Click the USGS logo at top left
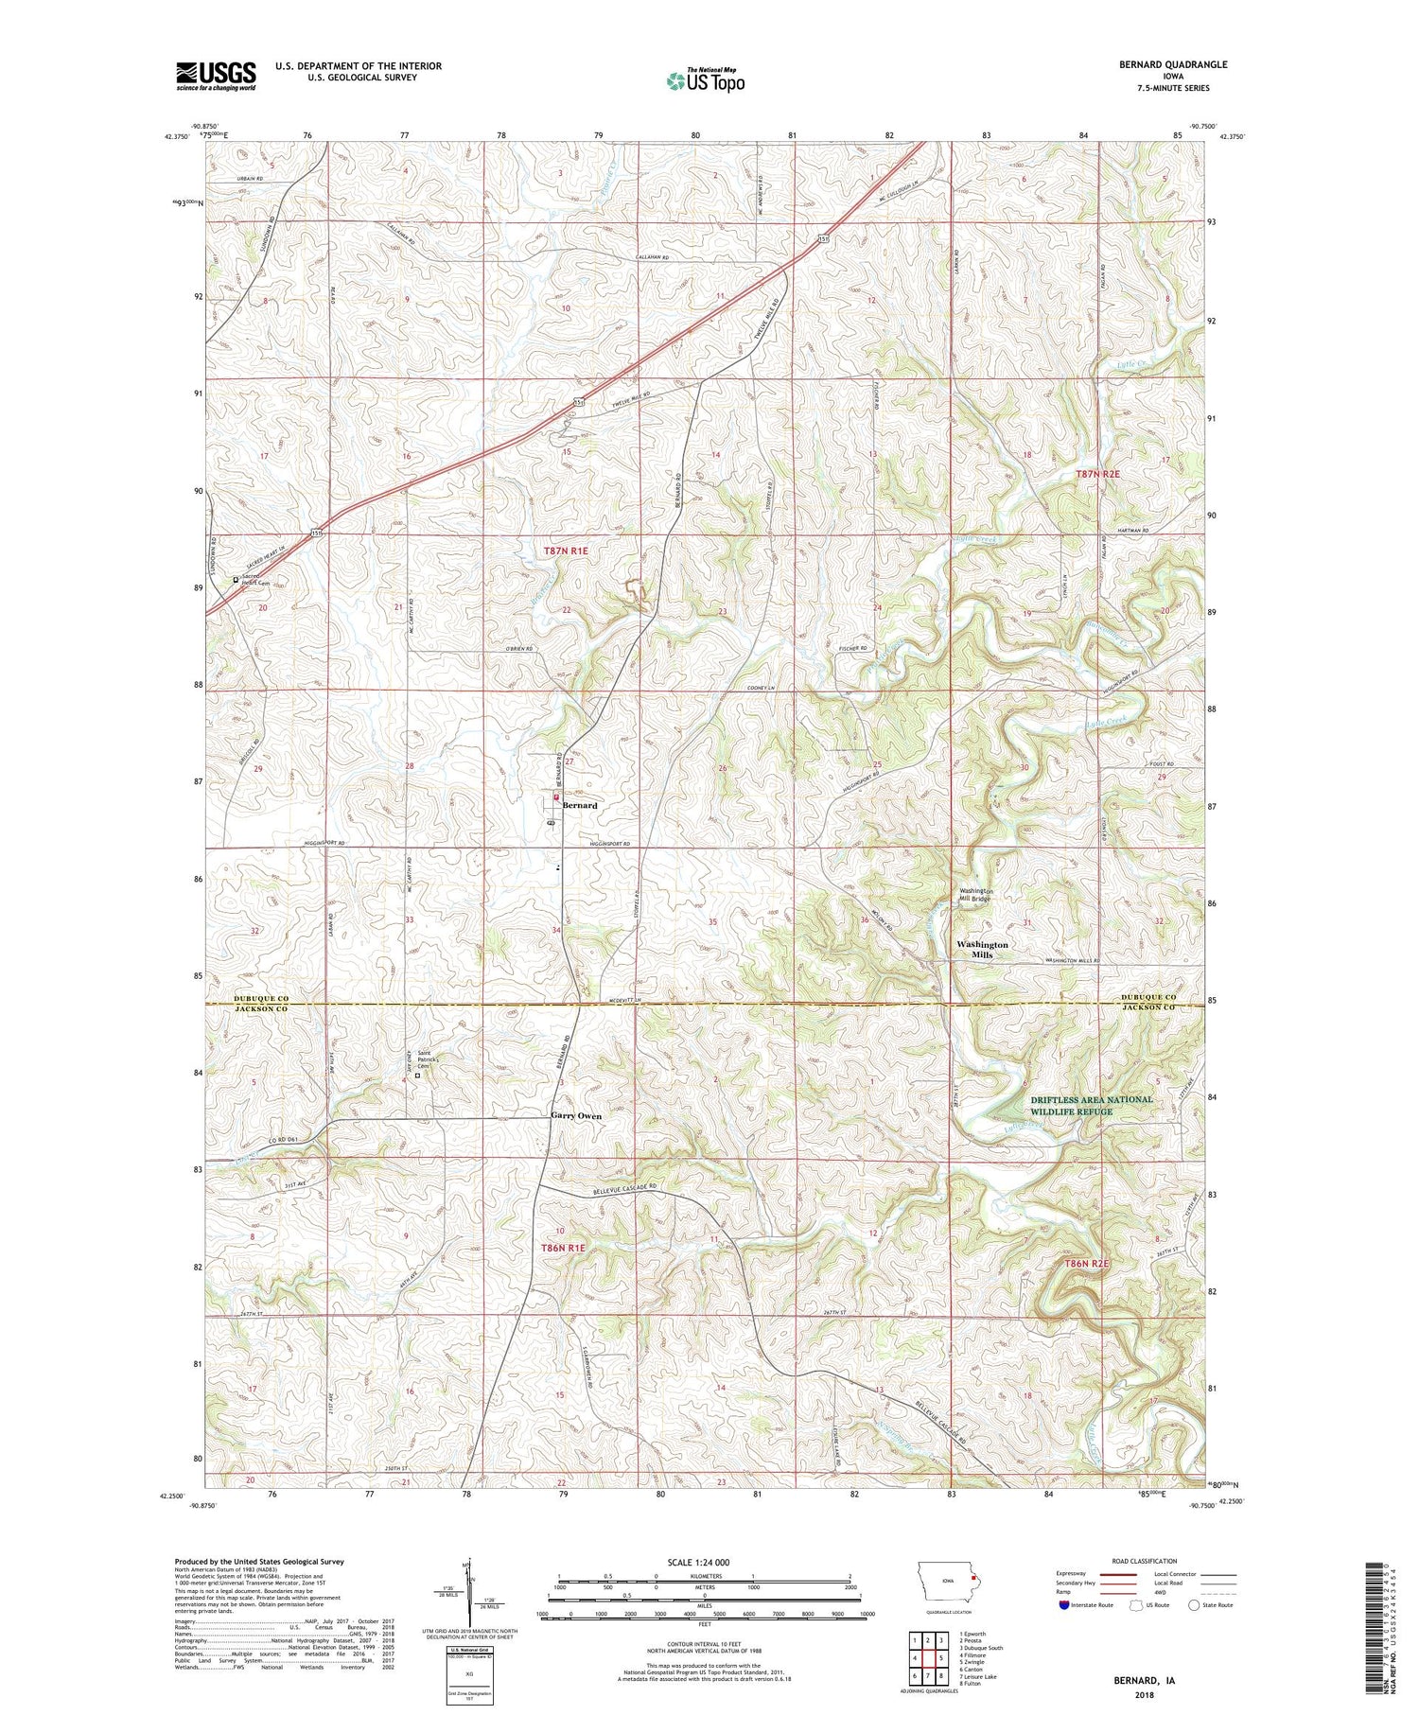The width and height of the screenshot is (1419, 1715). (216, 76)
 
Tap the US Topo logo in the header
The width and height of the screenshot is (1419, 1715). (705, 81)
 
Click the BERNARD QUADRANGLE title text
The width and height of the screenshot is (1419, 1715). (1171, 64)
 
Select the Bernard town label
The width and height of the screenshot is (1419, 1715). (580, 805)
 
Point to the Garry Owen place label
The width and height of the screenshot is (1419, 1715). (576, 1116)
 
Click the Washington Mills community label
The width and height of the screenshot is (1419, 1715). (982, 950)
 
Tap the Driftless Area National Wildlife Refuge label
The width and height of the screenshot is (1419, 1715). (1091, 1105)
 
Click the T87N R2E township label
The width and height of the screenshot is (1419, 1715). (1097, 473)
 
